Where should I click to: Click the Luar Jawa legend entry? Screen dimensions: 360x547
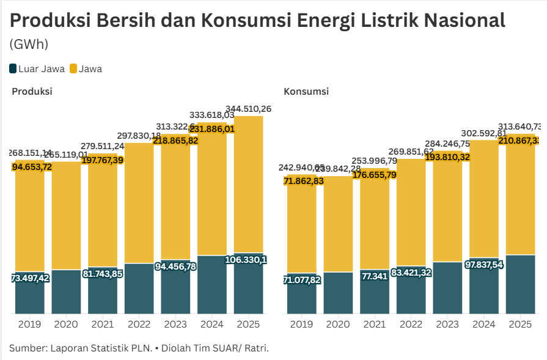[x=37, y=68]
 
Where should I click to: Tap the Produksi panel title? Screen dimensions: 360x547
[x=32, y=91]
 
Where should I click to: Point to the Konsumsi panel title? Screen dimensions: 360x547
[x=306, y=91]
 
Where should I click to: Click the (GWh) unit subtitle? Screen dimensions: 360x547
[x=29, y=44]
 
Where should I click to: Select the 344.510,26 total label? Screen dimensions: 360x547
[x=248, y=109]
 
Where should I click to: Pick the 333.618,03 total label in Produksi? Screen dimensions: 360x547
[x=212, y=114]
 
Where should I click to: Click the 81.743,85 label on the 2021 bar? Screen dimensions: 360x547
[x=103, y=274]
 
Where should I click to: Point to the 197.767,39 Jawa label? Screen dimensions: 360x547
[x=103, y=160]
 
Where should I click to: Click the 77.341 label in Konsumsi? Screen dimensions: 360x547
[x=375, y=276]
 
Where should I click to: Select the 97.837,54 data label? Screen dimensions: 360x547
[x=484, y=264]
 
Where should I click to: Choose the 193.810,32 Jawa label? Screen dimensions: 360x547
[x=447, y=157]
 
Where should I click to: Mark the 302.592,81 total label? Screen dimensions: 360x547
[x=484, y=133]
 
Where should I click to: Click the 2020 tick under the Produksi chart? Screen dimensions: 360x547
[x=66, y=324]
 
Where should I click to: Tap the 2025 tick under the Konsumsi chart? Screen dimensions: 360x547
[x=521, y=324]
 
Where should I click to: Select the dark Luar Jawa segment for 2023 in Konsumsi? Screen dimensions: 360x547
[x=447, y=288]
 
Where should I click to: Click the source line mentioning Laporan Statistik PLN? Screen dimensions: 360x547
[x=139, y=348]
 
